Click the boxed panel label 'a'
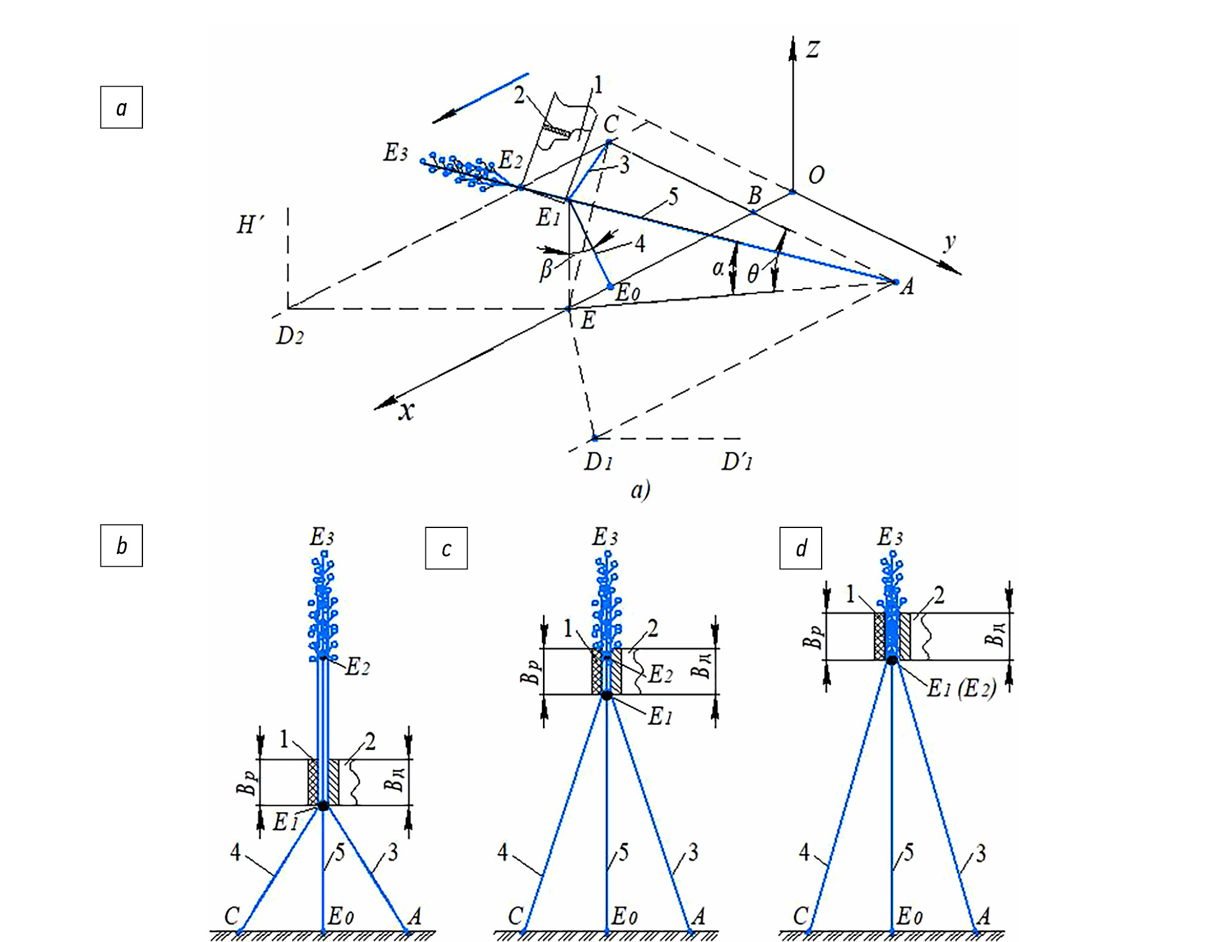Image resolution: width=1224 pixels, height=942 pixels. tap(121, 107)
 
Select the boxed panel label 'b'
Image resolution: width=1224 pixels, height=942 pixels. tap(121, 546)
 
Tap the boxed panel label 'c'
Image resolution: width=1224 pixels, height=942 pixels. tap(446, 548)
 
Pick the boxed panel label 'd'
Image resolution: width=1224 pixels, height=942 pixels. tap(800, 548)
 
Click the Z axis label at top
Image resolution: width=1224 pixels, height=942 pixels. tap(813, 49)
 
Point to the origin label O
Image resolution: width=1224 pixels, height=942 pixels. tap(816, 175)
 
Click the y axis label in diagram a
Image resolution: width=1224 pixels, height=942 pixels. tap(950, 242)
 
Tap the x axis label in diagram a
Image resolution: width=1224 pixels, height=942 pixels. tap(406, 411)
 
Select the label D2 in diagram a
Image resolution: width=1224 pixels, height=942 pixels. tap(290, 335)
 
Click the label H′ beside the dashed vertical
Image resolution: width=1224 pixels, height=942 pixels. tap(250, 225)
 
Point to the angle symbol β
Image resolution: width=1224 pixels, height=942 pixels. tap(546, 269)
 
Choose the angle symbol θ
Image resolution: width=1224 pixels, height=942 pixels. tap(753, 274)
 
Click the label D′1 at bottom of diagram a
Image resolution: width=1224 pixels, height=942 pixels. tap(737, 462)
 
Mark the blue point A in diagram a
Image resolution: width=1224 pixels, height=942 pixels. tap(896, 282)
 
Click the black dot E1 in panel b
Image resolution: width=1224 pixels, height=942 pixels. tap(323, 806)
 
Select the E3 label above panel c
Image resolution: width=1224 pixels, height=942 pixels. tap(605, 537)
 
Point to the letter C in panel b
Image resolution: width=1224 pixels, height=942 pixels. tap(232, 915)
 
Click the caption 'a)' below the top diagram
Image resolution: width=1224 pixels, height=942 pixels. tap(640, 489)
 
